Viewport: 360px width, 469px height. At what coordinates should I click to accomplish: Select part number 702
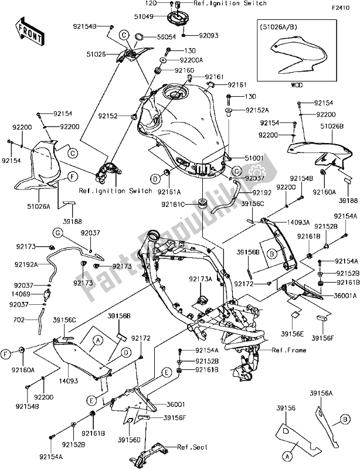(x=19, y=321)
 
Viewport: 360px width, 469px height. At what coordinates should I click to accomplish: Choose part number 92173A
(x=201, y=280)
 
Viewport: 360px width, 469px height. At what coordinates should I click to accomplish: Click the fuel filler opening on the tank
(x=175, y=93)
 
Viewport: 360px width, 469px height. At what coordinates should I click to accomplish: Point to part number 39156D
(x=128, y=438)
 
